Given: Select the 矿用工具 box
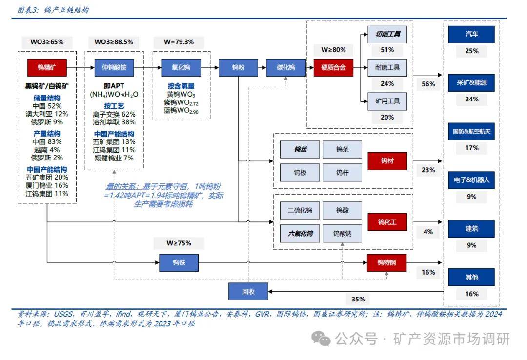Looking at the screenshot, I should coord(387,101).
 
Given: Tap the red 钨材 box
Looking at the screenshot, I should coord(387,161).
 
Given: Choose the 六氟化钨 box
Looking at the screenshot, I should coord(300,234).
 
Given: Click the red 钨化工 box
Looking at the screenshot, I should coord(387,222).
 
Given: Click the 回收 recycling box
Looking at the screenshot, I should coord(248,292).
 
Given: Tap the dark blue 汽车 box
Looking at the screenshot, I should coord(472,35).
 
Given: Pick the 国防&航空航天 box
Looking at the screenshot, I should coord(472,132).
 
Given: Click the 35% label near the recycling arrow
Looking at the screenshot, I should coord(355,299).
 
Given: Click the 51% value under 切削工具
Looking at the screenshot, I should coord(387,50).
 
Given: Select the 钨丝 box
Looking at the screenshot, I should coord(300,150).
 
